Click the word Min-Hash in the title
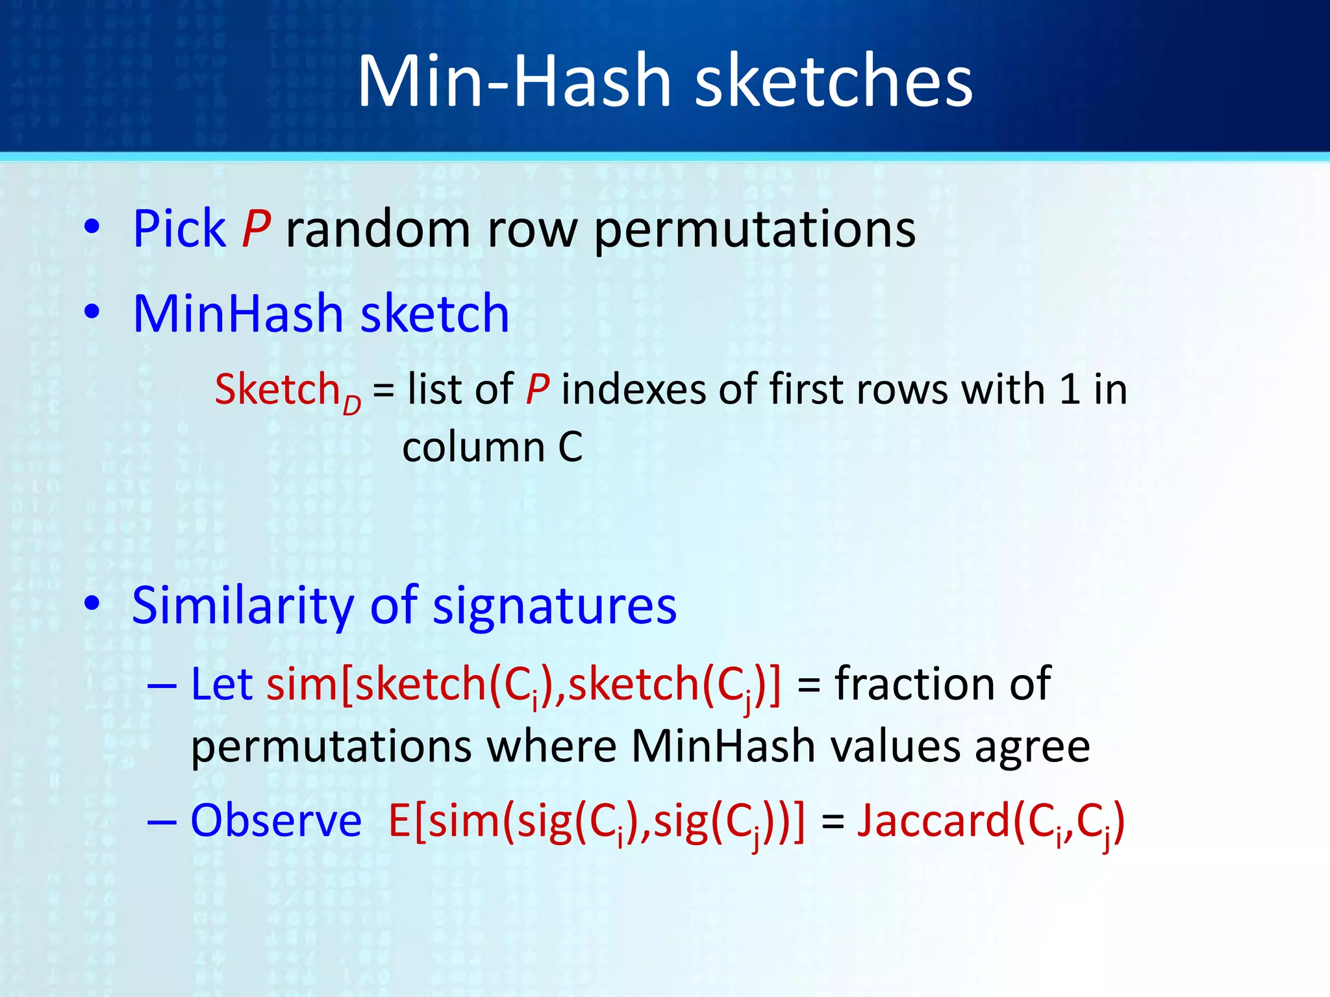(514, 82)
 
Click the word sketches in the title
(834, 82)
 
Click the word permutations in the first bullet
(754, 231)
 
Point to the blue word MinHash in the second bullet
(238, 314)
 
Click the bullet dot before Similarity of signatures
(92, 604)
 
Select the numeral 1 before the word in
(1069, 389)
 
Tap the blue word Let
(221, 684)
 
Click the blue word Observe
(275, 821)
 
